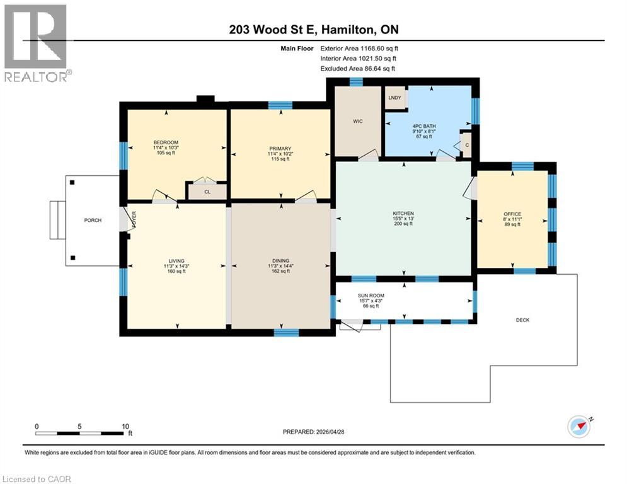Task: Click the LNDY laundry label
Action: (x=394, y=98)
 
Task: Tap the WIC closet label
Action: (x=358, y=121)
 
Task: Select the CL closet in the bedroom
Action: (x=207, y=192)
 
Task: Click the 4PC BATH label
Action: (x=424, y=126)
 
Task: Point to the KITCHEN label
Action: (x=403, y=214)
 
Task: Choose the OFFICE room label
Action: (x=512, y=214)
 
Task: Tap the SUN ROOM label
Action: (x=371, y=296)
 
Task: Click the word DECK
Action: (x=522, y=320)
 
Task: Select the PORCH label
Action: (x=93, y=220)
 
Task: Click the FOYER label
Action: (x=134, y=219)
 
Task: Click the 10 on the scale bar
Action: (x=125, y=427)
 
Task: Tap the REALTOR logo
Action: (x=36, y=43)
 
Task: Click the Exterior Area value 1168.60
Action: (x=372, y=49)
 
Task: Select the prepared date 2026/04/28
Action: (x=330, y=432)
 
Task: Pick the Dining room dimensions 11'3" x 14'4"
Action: (x=280, y=266)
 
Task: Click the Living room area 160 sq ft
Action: (x=176, y=271)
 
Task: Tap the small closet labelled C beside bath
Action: (x=467, y=145)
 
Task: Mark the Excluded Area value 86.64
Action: (x=372, y=69)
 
